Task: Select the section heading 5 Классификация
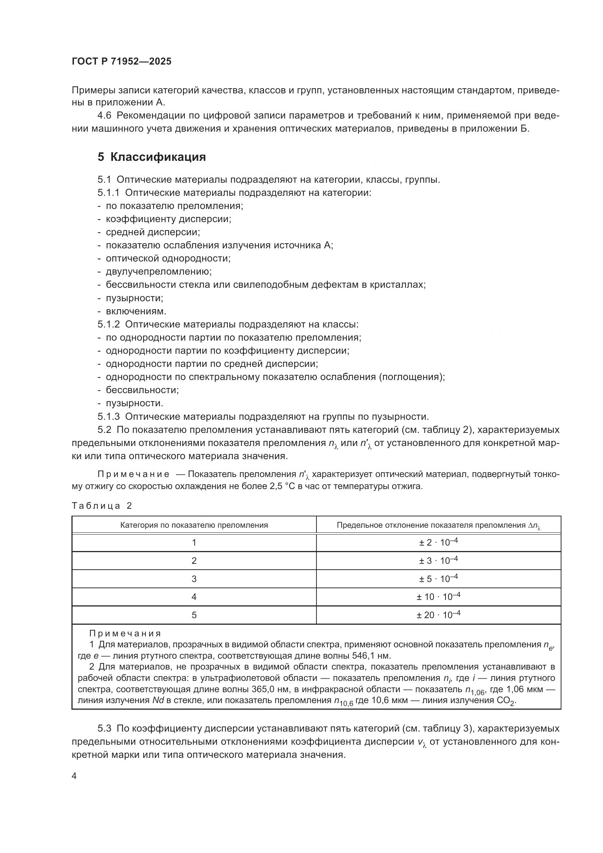[152, 157]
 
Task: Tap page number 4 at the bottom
[74, 776]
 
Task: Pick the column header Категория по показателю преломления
[194, 525]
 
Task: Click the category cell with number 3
[194, 579]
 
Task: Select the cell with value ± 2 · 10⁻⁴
[438, 542]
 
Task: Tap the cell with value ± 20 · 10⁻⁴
[438, 615]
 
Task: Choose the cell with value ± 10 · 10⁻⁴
[438, 597]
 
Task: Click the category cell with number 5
[194, 615]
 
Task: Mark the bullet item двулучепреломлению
[159, 272]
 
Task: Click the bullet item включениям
[136, 311]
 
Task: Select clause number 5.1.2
[108, 324]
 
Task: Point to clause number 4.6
[104, 116]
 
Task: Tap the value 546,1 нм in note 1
[371, 656]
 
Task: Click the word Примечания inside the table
[125, 633]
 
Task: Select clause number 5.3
[104, 728]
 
